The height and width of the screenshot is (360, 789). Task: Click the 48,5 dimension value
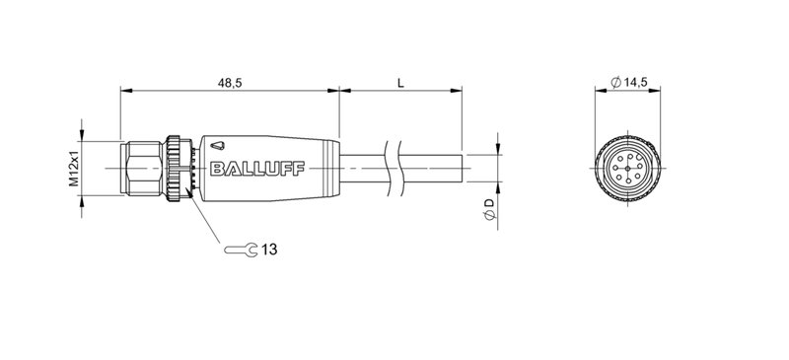228,83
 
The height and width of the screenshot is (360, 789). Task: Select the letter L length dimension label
399,83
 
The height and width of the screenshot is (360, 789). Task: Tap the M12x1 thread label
73,170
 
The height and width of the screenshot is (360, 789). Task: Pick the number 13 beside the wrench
269,251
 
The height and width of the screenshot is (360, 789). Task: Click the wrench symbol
241,251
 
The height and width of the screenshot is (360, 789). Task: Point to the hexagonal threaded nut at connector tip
143,170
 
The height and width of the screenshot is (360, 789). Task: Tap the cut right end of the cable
462,169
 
